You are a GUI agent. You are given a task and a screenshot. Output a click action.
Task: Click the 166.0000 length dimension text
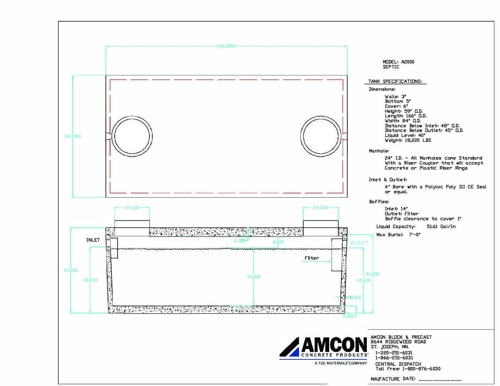pos(226,46)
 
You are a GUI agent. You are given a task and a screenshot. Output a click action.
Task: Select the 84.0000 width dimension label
pos(73,136)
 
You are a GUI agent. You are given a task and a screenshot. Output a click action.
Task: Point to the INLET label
pos(93,240)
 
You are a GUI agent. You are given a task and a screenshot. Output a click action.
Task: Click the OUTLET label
pos(359,243)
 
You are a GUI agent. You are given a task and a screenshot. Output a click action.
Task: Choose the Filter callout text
pos(312,258)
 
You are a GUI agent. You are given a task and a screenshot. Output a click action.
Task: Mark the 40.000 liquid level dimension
pos(254,277)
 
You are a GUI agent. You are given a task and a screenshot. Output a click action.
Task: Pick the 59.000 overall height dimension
pos(71,270)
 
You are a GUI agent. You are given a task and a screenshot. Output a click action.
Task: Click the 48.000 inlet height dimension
pos(90,280)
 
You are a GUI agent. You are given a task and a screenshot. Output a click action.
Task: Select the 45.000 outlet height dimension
pos(363,280)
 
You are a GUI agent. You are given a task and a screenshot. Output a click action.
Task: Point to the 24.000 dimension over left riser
pos(132,208)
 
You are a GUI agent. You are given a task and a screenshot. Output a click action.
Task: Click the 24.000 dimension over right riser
pos(321,208)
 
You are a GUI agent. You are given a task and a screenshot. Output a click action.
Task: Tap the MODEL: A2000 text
pos(398,62)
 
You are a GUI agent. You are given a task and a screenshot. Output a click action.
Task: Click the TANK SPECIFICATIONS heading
pos(395,81)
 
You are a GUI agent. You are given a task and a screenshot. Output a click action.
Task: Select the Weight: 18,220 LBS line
pos(408,140)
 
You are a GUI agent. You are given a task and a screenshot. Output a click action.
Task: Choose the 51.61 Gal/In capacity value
pos(441,226)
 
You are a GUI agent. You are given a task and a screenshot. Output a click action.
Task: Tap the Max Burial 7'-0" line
pos(398,235)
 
